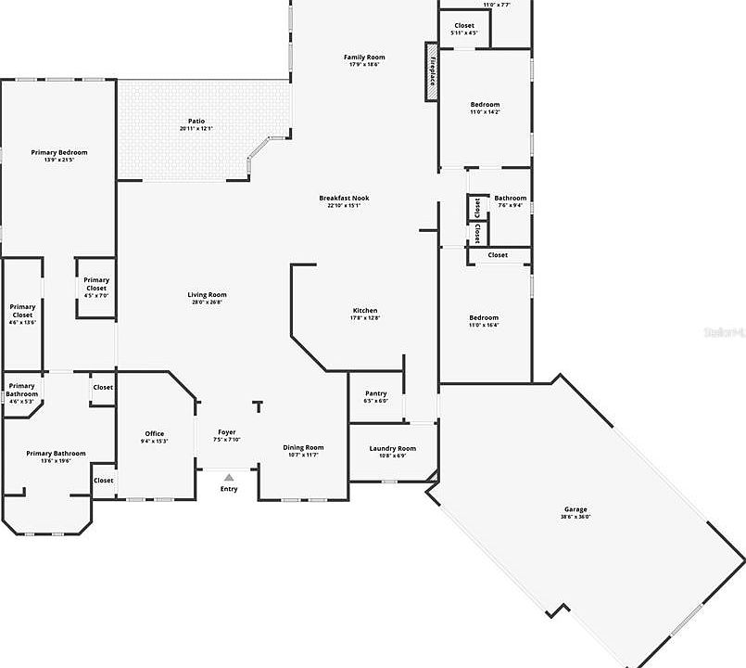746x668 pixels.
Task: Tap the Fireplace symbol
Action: point(432,71)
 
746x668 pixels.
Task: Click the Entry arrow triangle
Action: point(228,478)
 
